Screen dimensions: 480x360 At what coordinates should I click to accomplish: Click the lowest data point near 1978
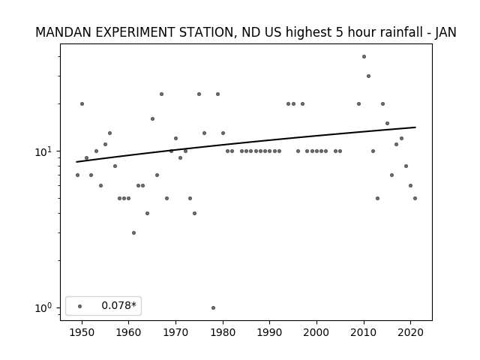click(x=213, y=307)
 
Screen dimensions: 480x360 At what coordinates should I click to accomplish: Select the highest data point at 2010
click(x=364, y=57)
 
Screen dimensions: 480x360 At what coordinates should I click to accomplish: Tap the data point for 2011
click(x=368, y=76)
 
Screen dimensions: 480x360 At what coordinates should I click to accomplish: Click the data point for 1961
click(x=133, y=233)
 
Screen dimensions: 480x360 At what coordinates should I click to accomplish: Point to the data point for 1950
click(x=82, y=103)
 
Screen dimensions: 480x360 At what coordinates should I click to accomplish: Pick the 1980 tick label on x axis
click(x=223, y=332)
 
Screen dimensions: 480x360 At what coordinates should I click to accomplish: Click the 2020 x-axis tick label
click(x=410, y=332)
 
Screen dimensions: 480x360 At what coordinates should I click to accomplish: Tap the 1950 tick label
click(x=82, y=332)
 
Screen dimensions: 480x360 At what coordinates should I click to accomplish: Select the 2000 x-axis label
click(x=316, y=332)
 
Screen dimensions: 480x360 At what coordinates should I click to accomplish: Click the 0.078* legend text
click(x=118, y=305)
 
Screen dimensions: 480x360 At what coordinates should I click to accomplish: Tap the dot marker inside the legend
click(x=80, y=306)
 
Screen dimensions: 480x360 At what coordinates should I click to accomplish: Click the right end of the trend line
click(x=415, y=127)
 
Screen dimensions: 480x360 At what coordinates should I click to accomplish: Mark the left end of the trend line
click(x=76, y=162)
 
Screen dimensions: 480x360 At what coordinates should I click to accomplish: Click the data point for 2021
click(x=415, y=198)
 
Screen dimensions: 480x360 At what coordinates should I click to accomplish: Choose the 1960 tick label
click(x=129, y=332)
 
